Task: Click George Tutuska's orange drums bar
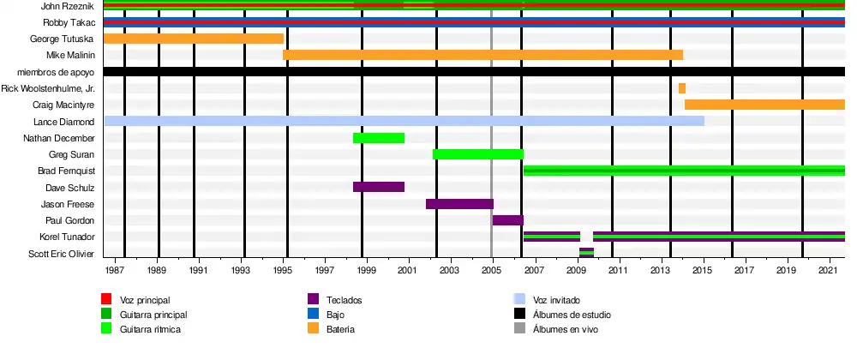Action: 193,39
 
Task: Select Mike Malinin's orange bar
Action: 482,55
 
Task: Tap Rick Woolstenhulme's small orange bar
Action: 682,88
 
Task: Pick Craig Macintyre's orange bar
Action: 764,105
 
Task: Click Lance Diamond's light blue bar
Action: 404,121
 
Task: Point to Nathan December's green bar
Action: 378,138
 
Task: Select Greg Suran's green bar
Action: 478,154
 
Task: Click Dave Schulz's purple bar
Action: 378,187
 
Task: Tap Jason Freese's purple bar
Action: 459,204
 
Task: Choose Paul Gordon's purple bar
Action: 508,220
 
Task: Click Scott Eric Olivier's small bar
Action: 586,253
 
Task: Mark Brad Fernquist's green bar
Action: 684,171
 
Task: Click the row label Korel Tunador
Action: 67,237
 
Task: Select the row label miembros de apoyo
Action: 56,72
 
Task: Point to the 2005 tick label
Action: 491,270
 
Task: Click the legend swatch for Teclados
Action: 314,299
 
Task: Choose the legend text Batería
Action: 341,329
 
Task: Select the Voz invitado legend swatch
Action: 519,299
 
